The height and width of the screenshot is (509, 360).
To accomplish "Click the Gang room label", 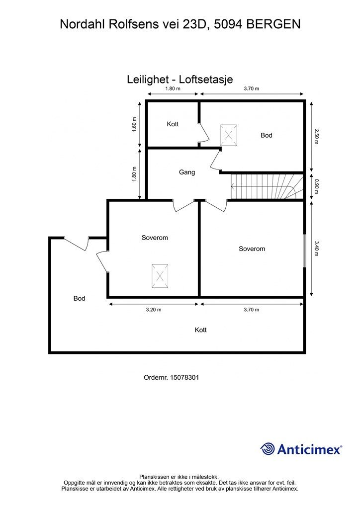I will (187, 172).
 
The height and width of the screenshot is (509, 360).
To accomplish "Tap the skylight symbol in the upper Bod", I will (229, 134).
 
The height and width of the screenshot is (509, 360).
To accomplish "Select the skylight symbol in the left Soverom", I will (160, 276).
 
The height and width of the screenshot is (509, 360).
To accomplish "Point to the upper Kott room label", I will (173, 124).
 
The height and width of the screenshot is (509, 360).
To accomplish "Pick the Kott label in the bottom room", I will (201, 330).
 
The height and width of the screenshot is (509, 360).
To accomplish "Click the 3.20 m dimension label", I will (154, 310).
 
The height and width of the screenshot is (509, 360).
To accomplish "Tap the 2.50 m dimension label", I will (316, 135).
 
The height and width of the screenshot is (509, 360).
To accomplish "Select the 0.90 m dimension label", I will (316, 186).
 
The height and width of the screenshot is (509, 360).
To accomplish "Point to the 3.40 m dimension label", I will (316, 248).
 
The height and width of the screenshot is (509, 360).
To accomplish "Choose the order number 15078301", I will (171, 378).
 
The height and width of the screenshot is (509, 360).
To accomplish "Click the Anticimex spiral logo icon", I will (268, 449).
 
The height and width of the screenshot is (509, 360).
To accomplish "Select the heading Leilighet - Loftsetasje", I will (180, 80).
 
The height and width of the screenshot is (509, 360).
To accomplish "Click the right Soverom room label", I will (252, 249).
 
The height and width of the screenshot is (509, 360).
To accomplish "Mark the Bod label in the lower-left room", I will (79, 299).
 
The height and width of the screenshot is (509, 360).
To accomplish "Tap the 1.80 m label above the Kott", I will (173, 88).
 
